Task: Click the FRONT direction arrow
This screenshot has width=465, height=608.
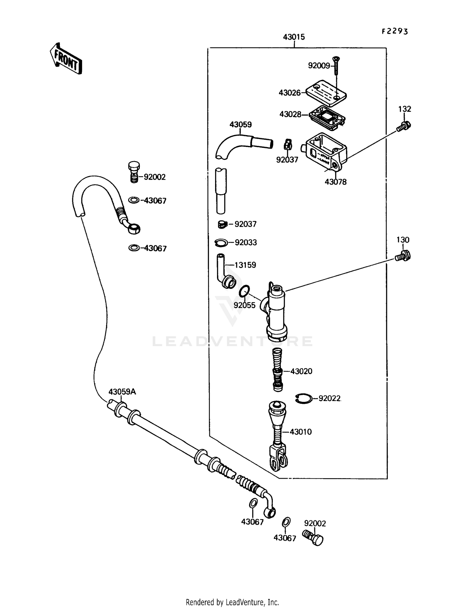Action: [66, 59]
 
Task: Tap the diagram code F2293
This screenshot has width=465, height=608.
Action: [395, 31]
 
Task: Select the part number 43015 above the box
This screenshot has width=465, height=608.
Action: [294, 37]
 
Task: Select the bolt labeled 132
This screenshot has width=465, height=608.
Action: [404, 126]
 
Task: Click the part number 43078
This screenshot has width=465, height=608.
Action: [335, 182]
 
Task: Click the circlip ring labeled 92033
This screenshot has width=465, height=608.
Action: [221, 242]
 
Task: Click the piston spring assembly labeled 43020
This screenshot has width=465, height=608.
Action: [277, 369]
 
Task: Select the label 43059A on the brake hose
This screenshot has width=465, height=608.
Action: [122, 392]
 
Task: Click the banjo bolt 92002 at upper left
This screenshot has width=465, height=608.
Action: [134, 172]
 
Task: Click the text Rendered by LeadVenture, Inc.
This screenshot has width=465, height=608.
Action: [232, 602]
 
